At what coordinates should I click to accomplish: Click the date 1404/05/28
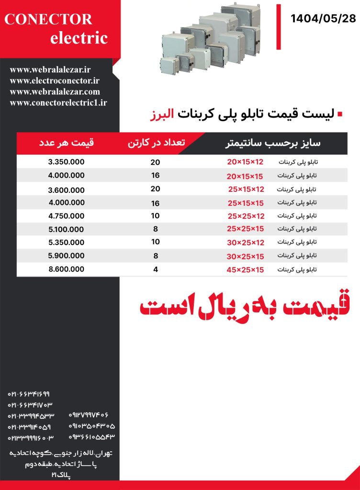323,19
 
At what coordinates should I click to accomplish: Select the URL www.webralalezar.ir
50,70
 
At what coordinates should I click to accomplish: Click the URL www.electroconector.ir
54,81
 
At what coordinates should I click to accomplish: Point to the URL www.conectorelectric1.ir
58,102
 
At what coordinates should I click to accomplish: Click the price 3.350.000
66,162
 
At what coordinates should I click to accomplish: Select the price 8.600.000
66,269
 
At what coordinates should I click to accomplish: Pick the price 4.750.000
66,216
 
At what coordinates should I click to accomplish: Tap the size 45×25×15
245,270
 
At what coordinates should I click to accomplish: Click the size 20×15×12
245,162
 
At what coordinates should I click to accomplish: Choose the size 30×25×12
245,243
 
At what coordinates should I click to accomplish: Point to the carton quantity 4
155,269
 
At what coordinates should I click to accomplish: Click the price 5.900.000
66,256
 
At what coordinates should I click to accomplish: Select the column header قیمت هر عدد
66,143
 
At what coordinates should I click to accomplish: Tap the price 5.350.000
66,243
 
